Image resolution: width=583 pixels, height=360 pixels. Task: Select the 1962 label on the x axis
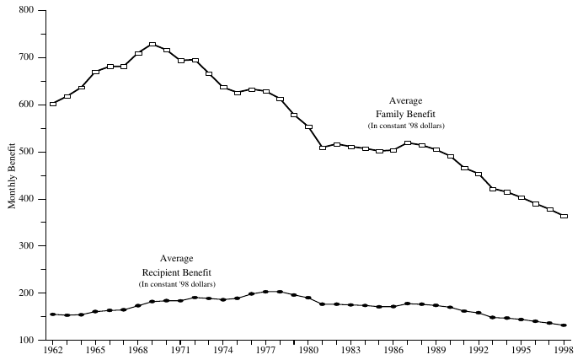(52, 349)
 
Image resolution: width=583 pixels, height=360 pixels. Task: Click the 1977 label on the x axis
(266, 349)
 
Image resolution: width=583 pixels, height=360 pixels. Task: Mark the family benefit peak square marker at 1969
(152, 45)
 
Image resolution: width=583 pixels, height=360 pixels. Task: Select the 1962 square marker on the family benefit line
(53, 104)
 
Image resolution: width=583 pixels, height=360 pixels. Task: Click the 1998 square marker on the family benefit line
(564, 217)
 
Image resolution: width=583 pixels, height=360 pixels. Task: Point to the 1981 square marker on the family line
(323, 148)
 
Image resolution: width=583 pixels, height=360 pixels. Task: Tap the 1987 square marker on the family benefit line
(408, 143)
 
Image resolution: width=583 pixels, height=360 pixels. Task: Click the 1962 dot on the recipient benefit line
(53, 314)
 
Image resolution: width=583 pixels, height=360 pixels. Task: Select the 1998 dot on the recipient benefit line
(564, 325)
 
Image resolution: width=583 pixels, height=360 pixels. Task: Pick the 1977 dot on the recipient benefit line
(266, 292)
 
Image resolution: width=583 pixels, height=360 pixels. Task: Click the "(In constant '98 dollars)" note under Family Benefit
(406, 126)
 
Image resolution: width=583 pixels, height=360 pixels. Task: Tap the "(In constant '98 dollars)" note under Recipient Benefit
(176, 285)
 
